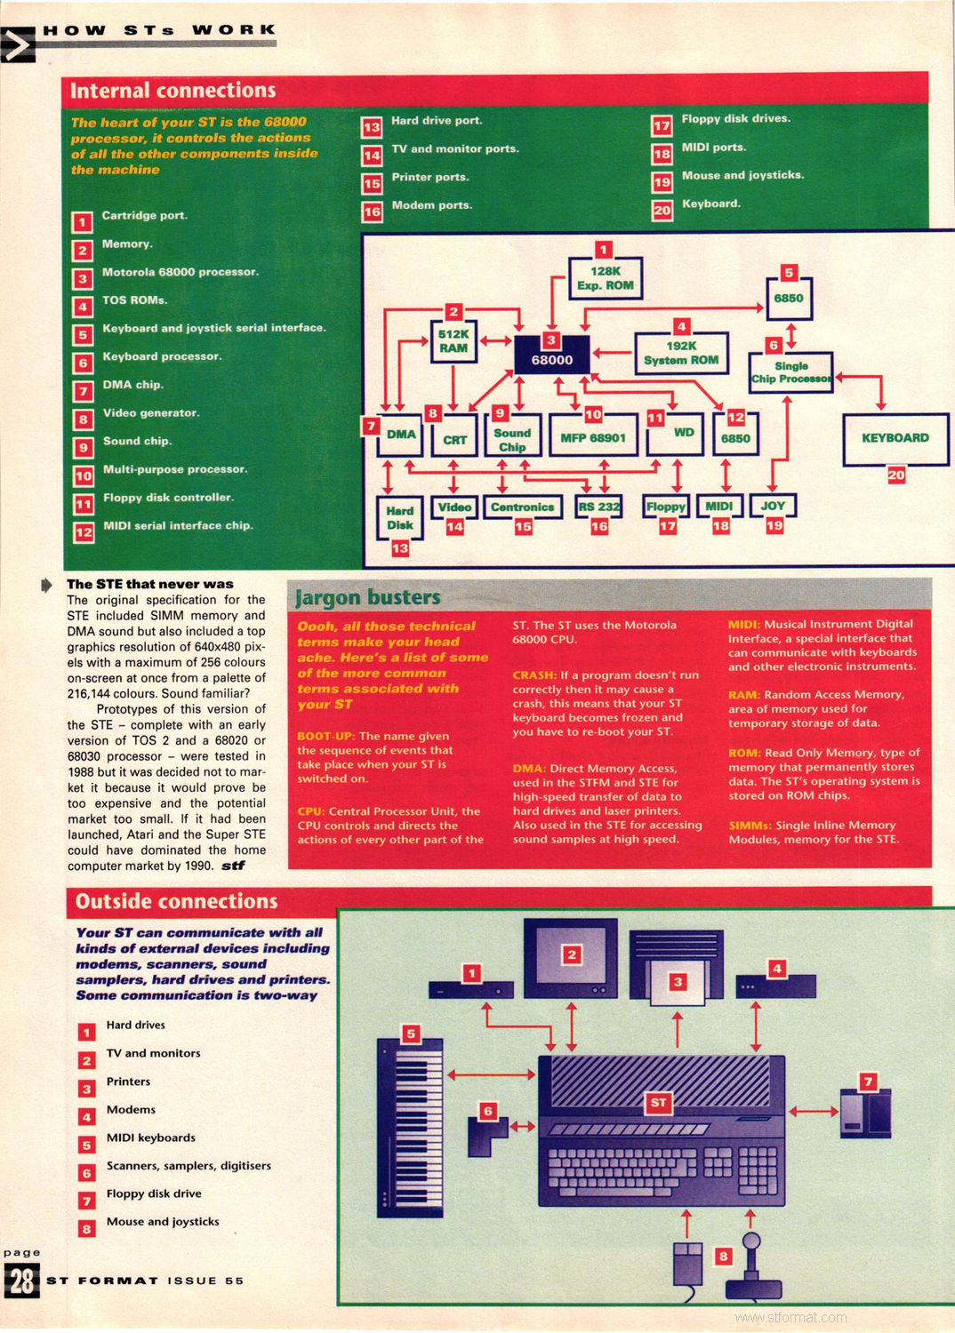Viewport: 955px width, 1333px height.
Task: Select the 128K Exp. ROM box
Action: pos(605,278)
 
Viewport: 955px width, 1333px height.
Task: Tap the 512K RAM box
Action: pos(453,341)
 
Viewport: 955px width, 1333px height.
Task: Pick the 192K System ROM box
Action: pos(681,353)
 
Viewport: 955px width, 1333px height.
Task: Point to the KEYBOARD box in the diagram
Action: pos(895,438)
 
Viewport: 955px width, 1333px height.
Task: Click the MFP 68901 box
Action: pos(593,436)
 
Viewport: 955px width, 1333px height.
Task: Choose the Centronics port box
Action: pos(522,507)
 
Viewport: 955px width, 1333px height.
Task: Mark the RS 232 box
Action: pos(598,507)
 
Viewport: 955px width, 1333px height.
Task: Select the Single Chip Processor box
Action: pos(790,371)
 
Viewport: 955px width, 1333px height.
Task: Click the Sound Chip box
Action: pos(512,438)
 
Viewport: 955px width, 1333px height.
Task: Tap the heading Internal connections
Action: pos(173,91)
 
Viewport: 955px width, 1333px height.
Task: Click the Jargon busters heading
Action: pos(367,597)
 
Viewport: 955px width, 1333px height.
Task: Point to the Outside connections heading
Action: pos(176,901)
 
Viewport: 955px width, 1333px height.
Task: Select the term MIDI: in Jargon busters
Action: pos(743,625)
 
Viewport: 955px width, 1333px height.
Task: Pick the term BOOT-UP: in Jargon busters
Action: pos(325,736)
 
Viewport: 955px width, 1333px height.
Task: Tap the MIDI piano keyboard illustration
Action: pos(410,1127)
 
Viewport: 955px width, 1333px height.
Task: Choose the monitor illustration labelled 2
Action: pos(570,960)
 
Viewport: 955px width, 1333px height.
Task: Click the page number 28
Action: pos(21,1281)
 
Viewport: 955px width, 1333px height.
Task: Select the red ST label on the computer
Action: pos(658,1103)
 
